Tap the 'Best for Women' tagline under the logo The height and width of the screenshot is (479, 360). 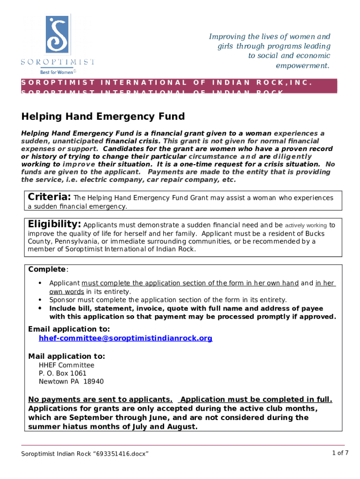pyautogui.click(x=56, y=72)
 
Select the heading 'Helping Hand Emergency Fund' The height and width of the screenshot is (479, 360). pyautogui.click(x=103, y=116)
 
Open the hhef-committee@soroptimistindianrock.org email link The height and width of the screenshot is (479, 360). pyautogui.click(x=125, y=338)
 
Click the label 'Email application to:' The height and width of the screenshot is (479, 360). pyautogui.click(x=69, y=329)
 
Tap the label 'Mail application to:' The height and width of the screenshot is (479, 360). pyautogui.click(x=66, y=356)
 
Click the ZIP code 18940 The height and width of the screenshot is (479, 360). pyautogui.click(x=94, y=382)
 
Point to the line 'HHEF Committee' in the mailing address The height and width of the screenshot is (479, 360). pyautogui.click(x=66, y=365)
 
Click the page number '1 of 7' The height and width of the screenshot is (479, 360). pyautogui.click(x=340, y=452)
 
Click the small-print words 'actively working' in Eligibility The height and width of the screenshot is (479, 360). pyautogui.click(x=306, y=225)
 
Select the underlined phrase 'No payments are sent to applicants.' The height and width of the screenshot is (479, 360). pyautogui.click(x=101, y=399)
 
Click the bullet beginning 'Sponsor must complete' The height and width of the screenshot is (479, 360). pyautogui.click(x=168, y=300)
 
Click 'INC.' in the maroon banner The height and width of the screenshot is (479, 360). pyautogui.click(x=298, y=83)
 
